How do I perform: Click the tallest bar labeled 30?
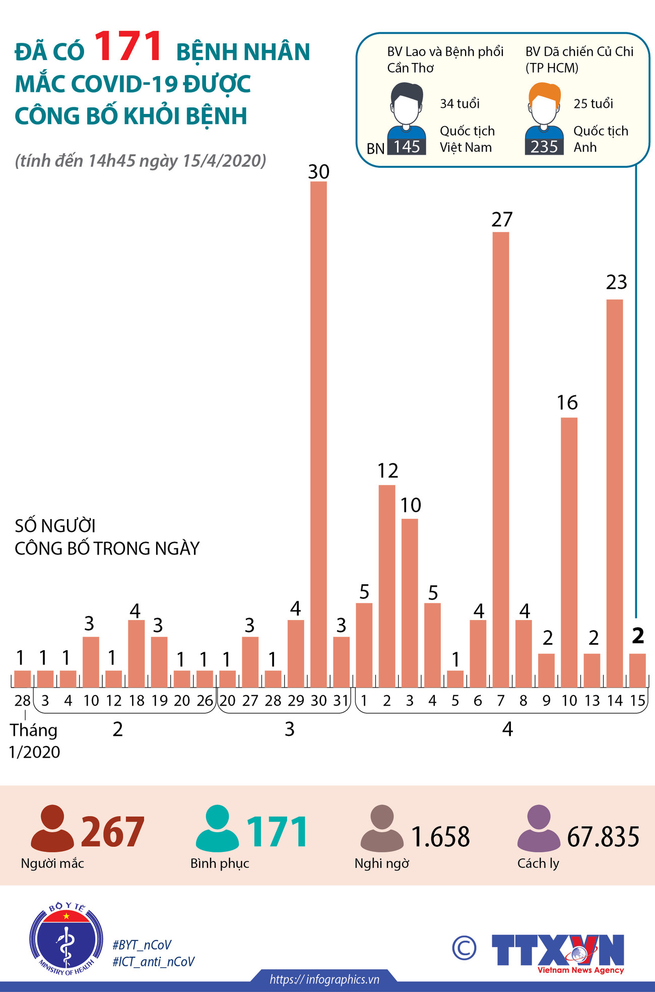pyautogui.click(x=318, y=433)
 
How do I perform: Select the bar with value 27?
pyautogui.click(x=501, y=459)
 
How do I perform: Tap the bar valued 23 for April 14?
pyautogui.click(x=615, y=494)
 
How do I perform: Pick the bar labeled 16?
pyautogui.click(x=569, y=552)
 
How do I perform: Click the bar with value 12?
pyautogui.click(x=386, y=585)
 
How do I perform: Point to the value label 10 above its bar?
pyautogui.click(x=411, y=505)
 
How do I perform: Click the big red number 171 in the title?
pyautogui.click(x=128, y=47)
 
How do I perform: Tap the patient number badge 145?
pyautogui.click(x=407, y=147)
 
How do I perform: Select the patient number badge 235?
pyautogui.click(x=544, y=147)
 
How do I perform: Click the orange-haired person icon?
pyautogui.click(x=544, y=106)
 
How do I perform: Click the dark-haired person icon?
pyautogui.click(x=407, y=106)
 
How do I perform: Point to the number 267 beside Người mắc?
pyautogui.click(x=113, y=832)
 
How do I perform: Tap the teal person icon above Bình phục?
pyautogui.click(x=217, y=828)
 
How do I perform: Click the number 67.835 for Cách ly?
pyautogui.click(x=603, y=837)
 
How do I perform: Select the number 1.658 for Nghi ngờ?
pyautogui.click(x=440, y=837)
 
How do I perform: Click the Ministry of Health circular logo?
pyautogui.click(x=66, y=939)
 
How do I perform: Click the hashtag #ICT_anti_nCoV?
pyautogui.click(x=153, y=962)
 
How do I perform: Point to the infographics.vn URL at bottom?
pyautogui.click(x=324, y=979)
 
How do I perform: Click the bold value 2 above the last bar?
pyautogui.click(x=638, y=636)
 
